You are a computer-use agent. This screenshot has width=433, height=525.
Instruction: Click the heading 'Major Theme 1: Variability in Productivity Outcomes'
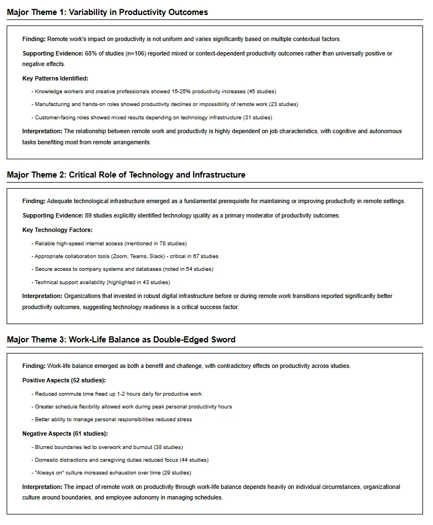pos(107,12)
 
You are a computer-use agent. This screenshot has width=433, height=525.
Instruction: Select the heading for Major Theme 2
pos(126,175)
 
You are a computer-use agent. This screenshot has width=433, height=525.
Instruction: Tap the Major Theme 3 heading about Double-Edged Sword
pos(121,339)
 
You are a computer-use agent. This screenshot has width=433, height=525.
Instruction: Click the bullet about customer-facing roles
pos(152,118)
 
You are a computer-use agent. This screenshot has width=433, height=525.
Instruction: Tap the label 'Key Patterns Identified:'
pos(55,78)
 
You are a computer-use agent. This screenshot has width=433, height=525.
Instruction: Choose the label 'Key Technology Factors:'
pos(57,230)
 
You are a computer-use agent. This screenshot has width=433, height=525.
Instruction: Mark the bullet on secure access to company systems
pos(122,269)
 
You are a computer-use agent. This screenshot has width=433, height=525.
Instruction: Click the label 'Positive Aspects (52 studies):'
pos(64,380)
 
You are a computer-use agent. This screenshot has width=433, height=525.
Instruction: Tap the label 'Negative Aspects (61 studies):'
pos(65,433)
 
